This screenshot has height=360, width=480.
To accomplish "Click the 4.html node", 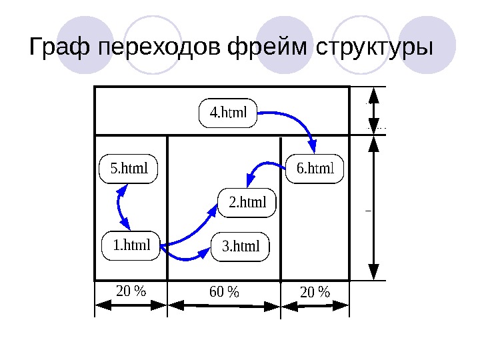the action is (228, 113).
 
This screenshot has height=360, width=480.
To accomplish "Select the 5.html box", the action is (128, 169).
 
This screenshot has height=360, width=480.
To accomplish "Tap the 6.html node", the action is (315, 168).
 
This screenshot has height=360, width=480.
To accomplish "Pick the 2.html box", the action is (247, 202).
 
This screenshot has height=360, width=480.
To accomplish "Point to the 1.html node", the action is (131, 245).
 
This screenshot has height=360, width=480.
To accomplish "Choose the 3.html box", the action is (240, 247).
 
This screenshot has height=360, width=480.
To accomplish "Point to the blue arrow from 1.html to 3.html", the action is (185, 256).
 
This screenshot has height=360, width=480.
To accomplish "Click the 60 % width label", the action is (223, 292).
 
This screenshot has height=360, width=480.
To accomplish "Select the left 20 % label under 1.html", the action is (131, 291).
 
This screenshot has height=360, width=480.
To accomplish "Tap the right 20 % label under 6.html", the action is (315, 292).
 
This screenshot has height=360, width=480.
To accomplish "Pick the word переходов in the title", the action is (160, 49).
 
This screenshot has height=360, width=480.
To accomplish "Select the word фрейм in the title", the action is (269, 49).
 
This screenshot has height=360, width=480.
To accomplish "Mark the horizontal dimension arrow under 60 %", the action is (223, 305).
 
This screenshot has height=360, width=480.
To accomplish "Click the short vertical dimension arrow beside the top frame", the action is (374, 111).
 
